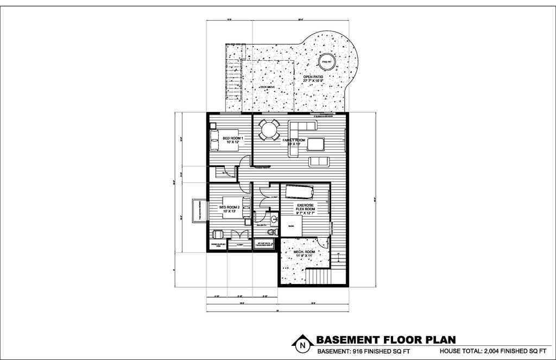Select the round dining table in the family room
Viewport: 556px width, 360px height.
(x=268, y=130)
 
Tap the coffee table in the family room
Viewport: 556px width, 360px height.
(x=317, y=143)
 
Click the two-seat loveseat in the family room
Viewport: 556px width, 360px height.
(x=319, y=161)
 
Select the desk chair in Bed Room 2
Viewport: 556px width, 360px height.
(x=217, y=234)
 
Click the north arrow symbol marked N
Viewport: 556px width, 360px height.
(x=301, y=344)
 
